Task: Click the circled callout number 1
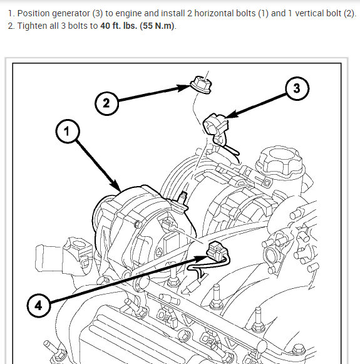[x=68, y=131]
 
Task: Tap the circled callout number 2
[x=106, y=103]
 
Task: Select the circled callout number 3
[x=297, y=88]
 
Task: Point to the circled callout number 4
[x=39, y=305]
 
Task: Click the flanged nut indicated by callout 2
[x=201, y=85]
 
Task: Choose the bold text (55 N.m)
[x=157, y=26]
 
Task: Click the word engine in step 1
[x=128, y=14]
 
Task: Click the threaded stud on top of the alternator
[x=183, y=197]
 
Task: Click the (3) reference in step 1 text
[x=98, y=13]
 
